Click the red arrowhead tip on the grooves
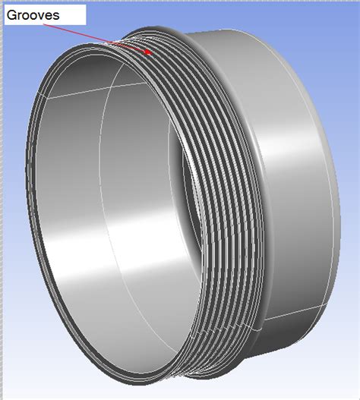[153, 53]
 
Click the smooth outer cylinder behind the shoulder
[296, 175]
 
